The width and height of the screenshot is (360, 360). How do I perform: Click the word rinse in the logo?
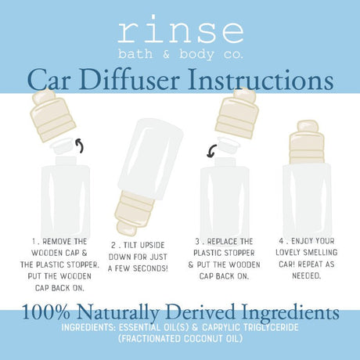(180, 31)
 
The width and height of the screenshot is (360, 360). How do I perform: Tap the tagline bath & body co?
(180, 52)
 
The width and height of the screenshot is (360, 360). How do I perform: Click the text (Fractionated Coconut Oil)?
(179, 340)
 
